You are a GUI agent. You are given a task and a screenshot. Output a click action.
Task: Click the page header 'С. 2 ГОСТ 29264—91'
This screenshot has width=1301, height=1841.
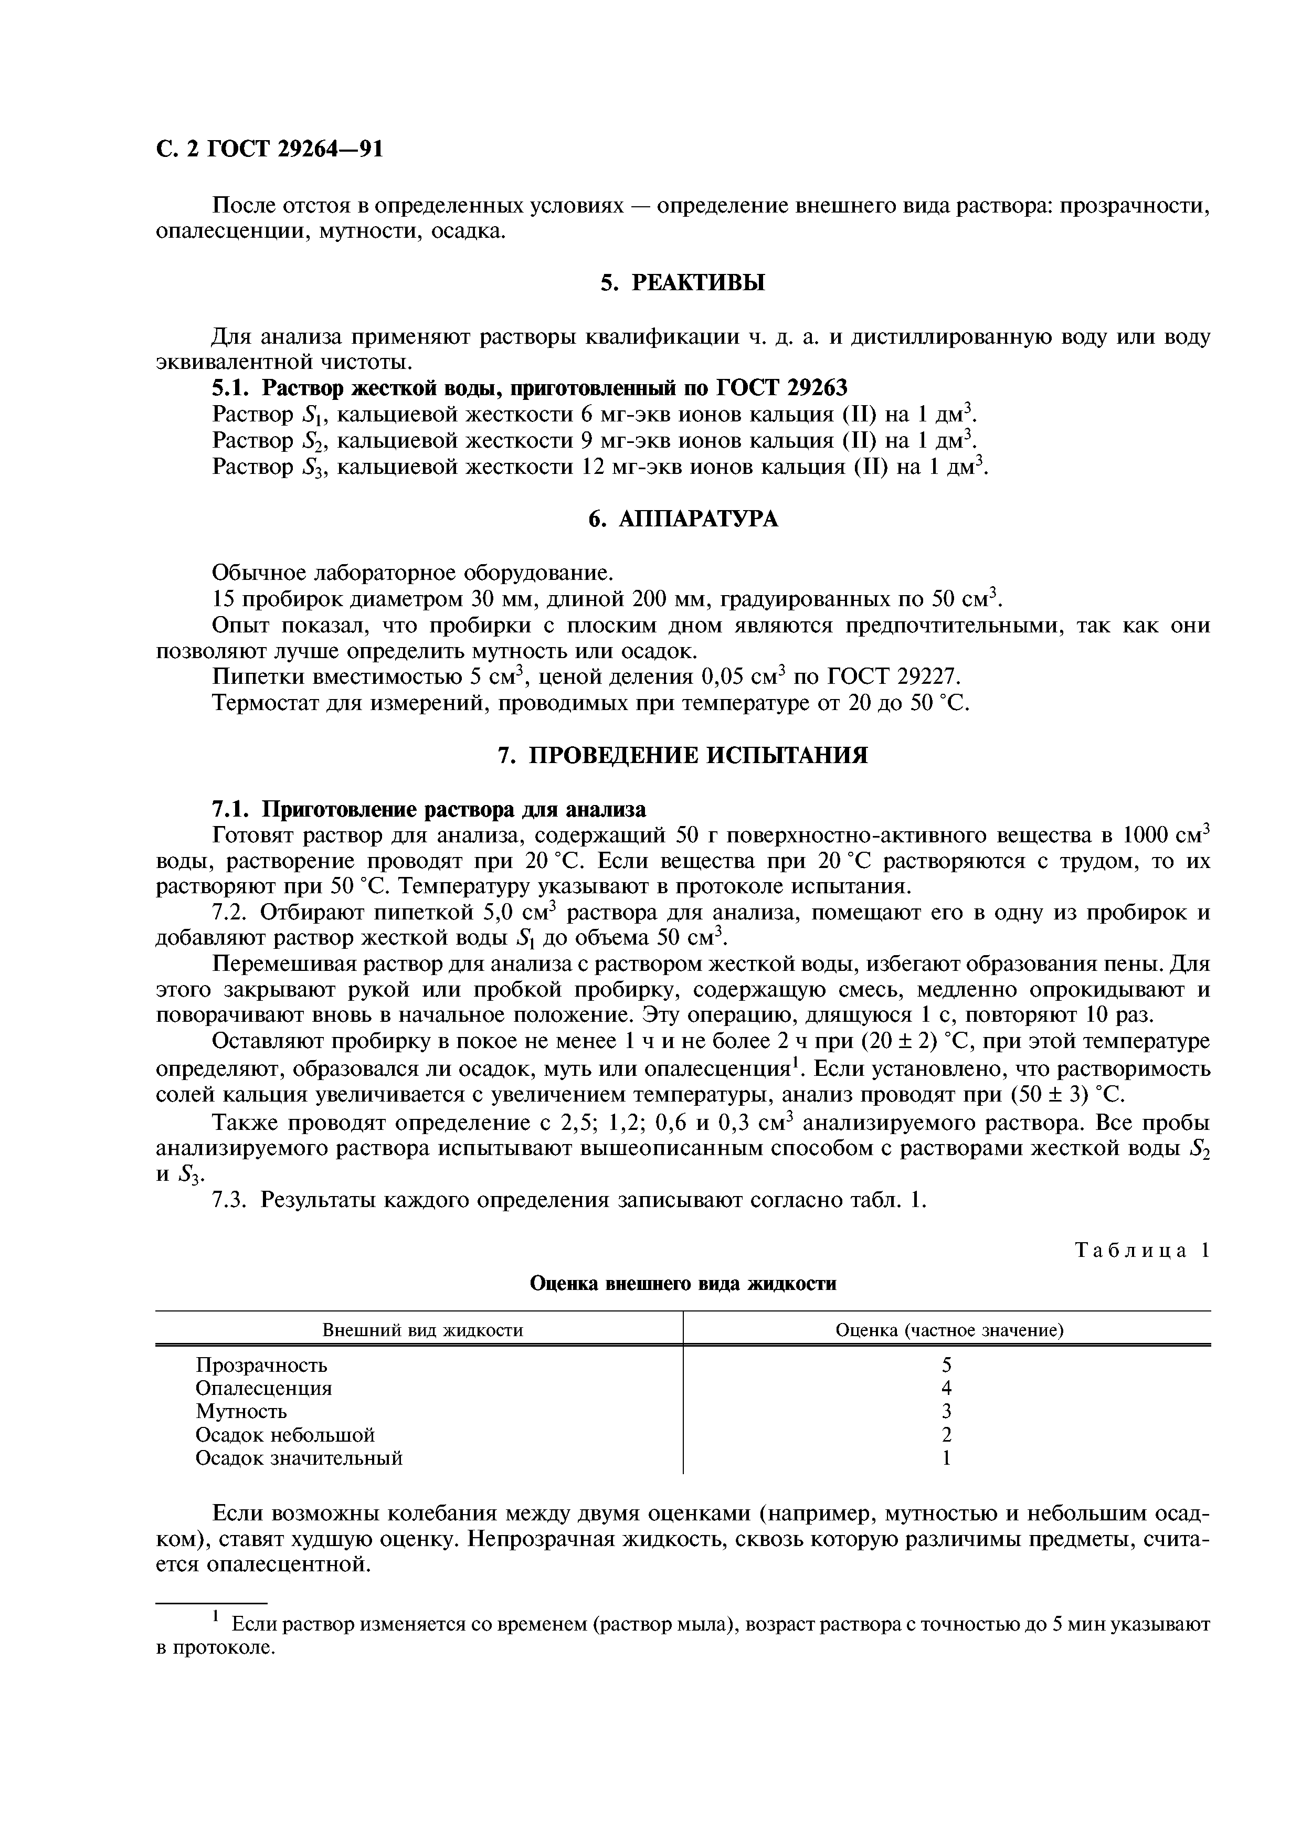pos(269,150)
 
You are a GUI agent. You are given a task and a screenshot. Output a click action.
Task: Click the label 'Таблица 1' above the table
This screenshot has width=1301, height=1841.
pos(1141,1251)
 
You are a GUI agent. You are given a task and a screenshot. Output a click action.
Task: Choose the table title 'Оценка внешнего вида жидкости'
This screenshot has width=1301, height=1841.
pos(683,1284)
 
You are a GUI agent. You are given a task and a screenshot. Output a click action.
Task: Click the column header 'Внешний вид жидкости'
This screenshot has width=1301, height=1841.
pos(422,1330)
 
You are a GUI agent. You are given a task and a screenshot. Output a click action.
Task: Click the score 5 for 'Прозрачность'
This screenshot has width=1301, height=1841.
pos(947,1364)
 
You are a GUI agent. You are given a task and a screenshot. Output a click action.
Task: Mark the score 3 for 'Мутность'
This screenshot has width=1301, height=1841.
pos(947,1411)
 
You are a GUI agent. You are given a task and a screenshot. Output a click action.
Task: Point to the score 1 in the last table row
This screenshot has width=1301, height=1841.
pos(947,1458)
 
